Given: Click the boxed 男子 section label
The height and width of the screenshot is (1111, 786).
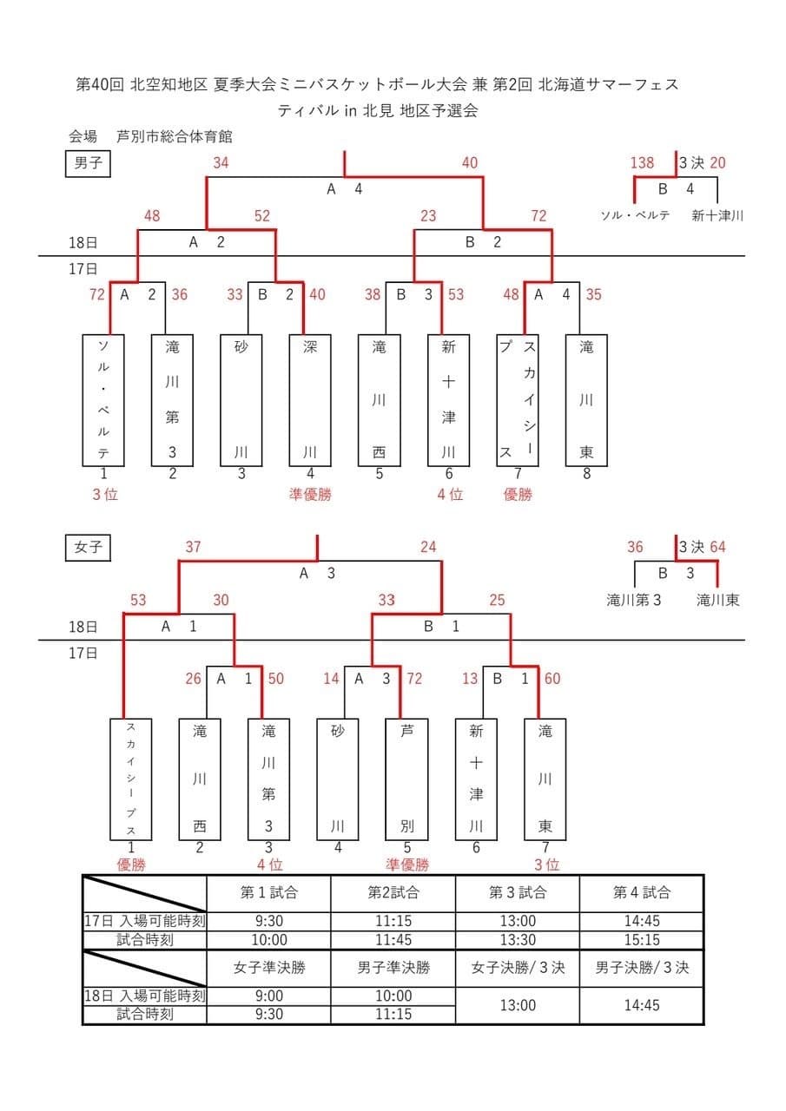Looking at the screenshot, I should (89, 162).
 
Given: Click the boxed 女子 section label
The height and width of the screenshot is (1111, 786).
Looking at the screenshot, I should (89, 548).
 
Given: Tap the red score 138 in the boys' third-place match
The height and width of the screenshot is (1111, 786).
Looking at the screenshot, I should (643, 162).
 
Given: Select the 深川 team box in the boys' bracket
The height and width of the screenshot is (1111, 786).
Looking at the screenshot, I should (310, 400).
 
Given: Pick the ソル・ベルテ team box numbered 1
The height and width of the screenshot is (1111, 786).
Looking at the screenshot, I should (103, 400).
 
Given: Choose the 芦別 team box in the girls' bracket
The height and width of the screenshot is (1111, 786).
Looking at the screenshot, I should (406, 779).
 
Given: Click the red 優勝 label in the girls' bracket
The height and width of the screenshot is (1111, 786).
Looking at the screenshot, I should (131, 864).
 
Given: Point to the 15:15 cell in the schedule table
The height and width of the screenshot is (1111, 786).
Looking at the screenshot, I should (642, 940).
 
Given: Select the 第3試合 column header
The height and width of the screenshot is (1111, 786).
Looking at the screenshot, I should (518, 892).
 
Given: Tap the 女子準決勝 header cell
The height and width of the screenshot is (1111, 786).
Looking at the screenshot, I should (269, 968).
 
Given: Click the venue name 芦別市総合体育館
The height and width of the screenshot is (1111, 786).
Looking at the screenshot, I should (175, 136).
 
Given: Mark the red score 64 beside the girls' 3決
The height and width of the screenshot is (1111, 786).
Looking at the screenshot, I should (717, 547).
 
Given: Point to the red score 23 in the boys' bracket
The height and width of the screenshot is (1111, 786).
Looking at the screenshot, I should (428, 216).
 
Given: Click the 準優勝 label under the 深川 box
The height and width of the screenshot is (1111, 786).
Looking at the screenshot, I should (310, 494).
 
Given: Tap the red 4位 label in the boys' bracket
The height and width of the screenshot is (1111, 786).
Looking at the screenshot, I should (450, 494).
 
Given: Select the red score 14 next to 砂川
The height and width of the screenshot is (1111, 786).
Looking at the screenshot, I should (331, 678).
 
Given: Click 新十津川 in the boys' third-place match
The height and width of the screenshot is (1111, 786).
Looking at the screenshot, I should (717, 215).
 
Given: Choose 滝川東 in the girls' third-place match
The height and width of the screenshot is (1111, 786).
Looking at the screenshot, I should (717, 599).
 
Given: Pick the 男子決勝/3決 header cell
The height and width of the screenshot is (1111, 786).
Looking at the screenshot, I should (642, 968).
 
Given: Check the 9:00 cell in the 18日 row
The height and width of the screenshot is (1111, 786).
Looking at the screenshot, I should (269, 996).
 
